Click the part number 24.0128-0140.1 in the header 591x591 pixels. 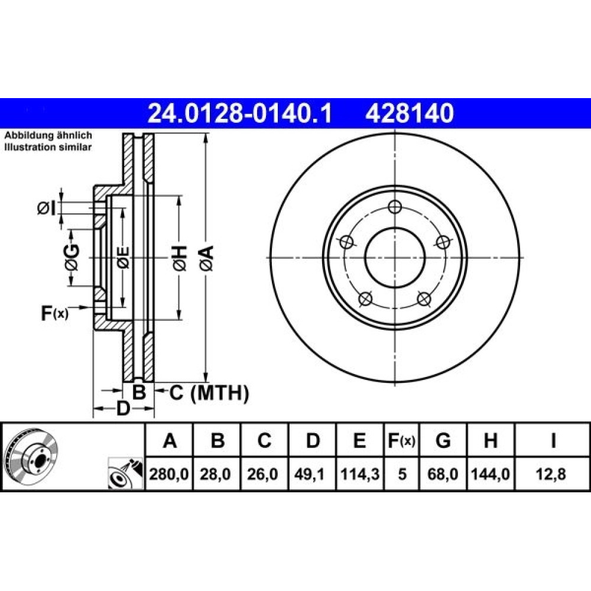240,113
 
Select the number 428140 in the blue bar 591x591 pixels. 409,113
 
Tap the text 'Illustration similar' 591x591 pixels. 48,147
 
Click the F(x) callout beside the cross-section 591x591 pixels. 54,313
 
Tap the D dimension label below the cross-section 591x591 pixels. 123,408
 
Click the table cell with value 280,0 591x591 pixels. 169,474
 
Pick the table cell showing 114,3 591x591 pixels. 360,474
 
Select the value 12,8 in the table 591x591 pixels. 553,474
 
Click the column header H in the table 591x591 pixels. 491,440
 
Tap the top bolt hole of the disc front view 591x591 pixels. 395,206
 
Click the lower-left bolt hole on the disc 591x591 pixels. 365,299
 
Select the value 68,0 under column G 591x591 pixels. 443,474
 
